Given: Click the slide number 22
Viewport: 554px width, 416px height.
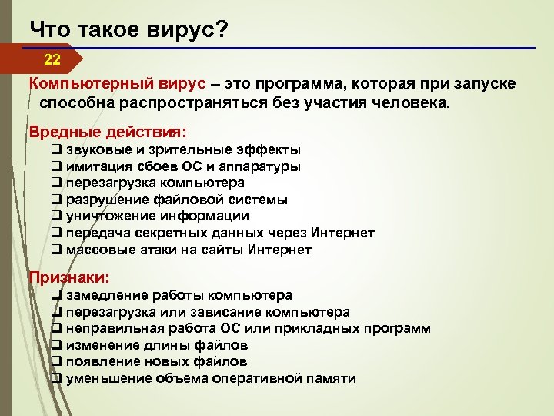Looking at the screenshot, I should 52,59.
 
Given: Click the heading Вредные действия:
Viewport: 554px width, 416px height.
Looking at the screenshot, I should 108,132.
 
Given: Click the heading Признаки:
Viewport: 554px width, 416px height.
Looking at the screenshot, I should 69,277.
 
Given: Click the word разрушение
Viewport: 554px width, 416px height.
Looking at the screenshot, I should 102,200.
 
